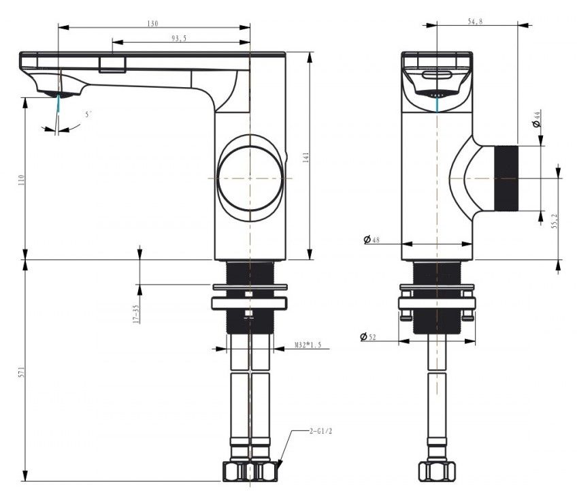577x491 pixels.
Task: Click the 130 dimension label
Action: (x=152, y=24)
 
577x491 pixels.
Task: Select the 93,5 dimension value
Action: (x=179, y=38)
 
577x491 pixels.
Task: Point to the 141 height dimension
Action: (x=306, y=157)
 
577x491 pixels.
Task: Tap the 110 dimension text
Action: (x=21, y=180)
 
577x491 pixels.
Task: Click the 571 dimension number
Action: (x=21, y=372)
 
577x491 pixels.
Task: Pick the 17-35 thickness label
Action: (x=137, y=314)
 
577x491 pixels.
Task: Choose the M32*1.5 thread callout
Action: (x=308, y=345)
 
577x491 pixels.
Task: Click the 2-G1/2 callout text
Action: (x=320, y=431)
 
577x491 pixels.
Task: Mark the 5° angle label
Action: (x=88, y=114)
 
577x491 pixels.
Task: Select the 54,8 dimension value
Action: (x=475, y=21)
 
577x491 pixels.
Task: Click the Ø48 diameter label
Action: (x=372, y=240)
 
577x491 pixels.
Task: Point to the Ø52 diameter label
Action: (x=368, y=336)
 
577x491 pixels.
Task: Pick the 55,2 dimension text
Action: (x=555, y=221)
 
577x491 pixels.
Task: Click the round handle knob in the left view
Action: (x=250, y=178)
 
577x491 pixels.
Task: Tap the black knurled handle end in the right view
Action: (x=506, y=178)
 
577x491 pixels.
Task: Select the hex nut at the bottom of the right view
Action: (x=437, y=471)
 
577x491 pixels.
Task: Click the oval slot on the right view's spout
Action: (x=436, y=75)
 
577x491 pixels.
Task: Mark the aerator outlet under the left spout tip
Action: (x=59, y=94)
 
